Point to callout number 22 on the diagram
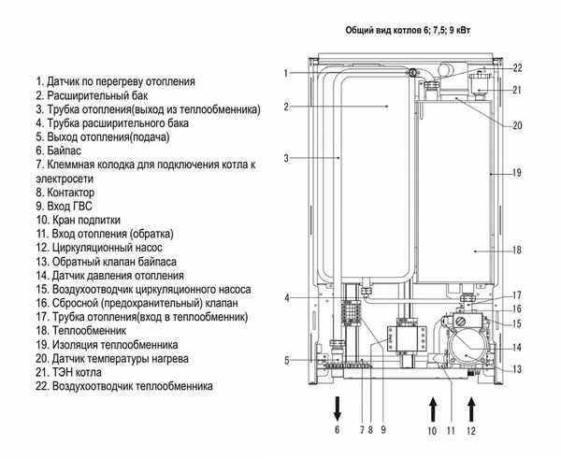pyautogui.click(x=517, y=67)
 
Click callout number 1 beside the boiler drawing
pyautogui.click(x=287, y=73)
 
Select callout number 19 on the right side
pyautogui.click(x=517, y=173)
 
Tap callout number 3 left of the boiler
pyautogui.click(x=287, y=159)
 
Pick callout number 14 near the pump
pyautogui.click(x=517, y=347)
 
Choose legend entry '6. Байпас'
pyautogui.click(x=62, y=150)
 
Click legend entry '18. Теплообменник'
pyautogui.click(x=90, y=331)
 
